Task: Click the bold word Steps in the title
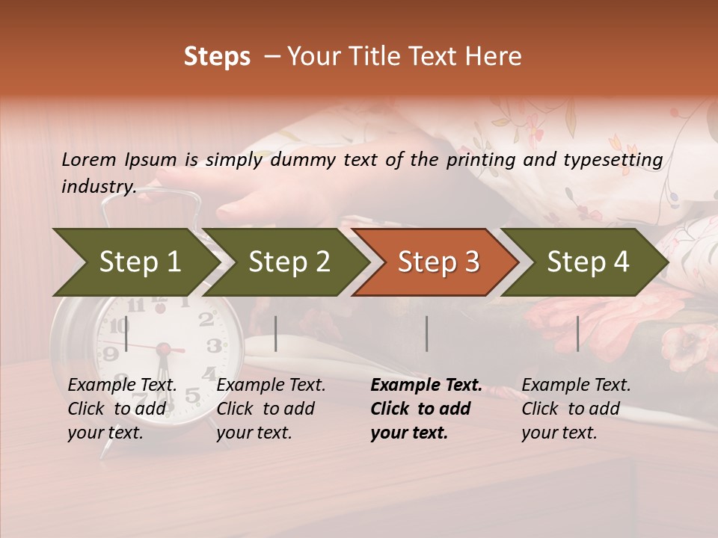tap(217, 57)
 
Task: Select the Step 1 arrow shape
tap(135, 262)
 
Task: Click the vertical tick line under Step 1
tap(126, 333)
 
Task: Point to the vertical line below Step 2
tap(276, 333)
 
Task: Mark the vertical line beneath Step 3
tap(427, 333)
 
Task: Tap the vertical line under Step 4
tap(578, 333)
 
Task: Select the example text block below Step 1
tap(122, 409)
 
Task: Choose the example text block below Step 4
tap(576, 409)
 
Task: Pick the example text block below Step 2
tap(271, 409)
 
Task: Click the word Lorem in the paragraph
tap(89, 159)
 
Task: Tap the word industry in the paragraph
tap(97, 187)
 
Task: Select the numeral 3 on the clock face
tap(214, 346)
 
